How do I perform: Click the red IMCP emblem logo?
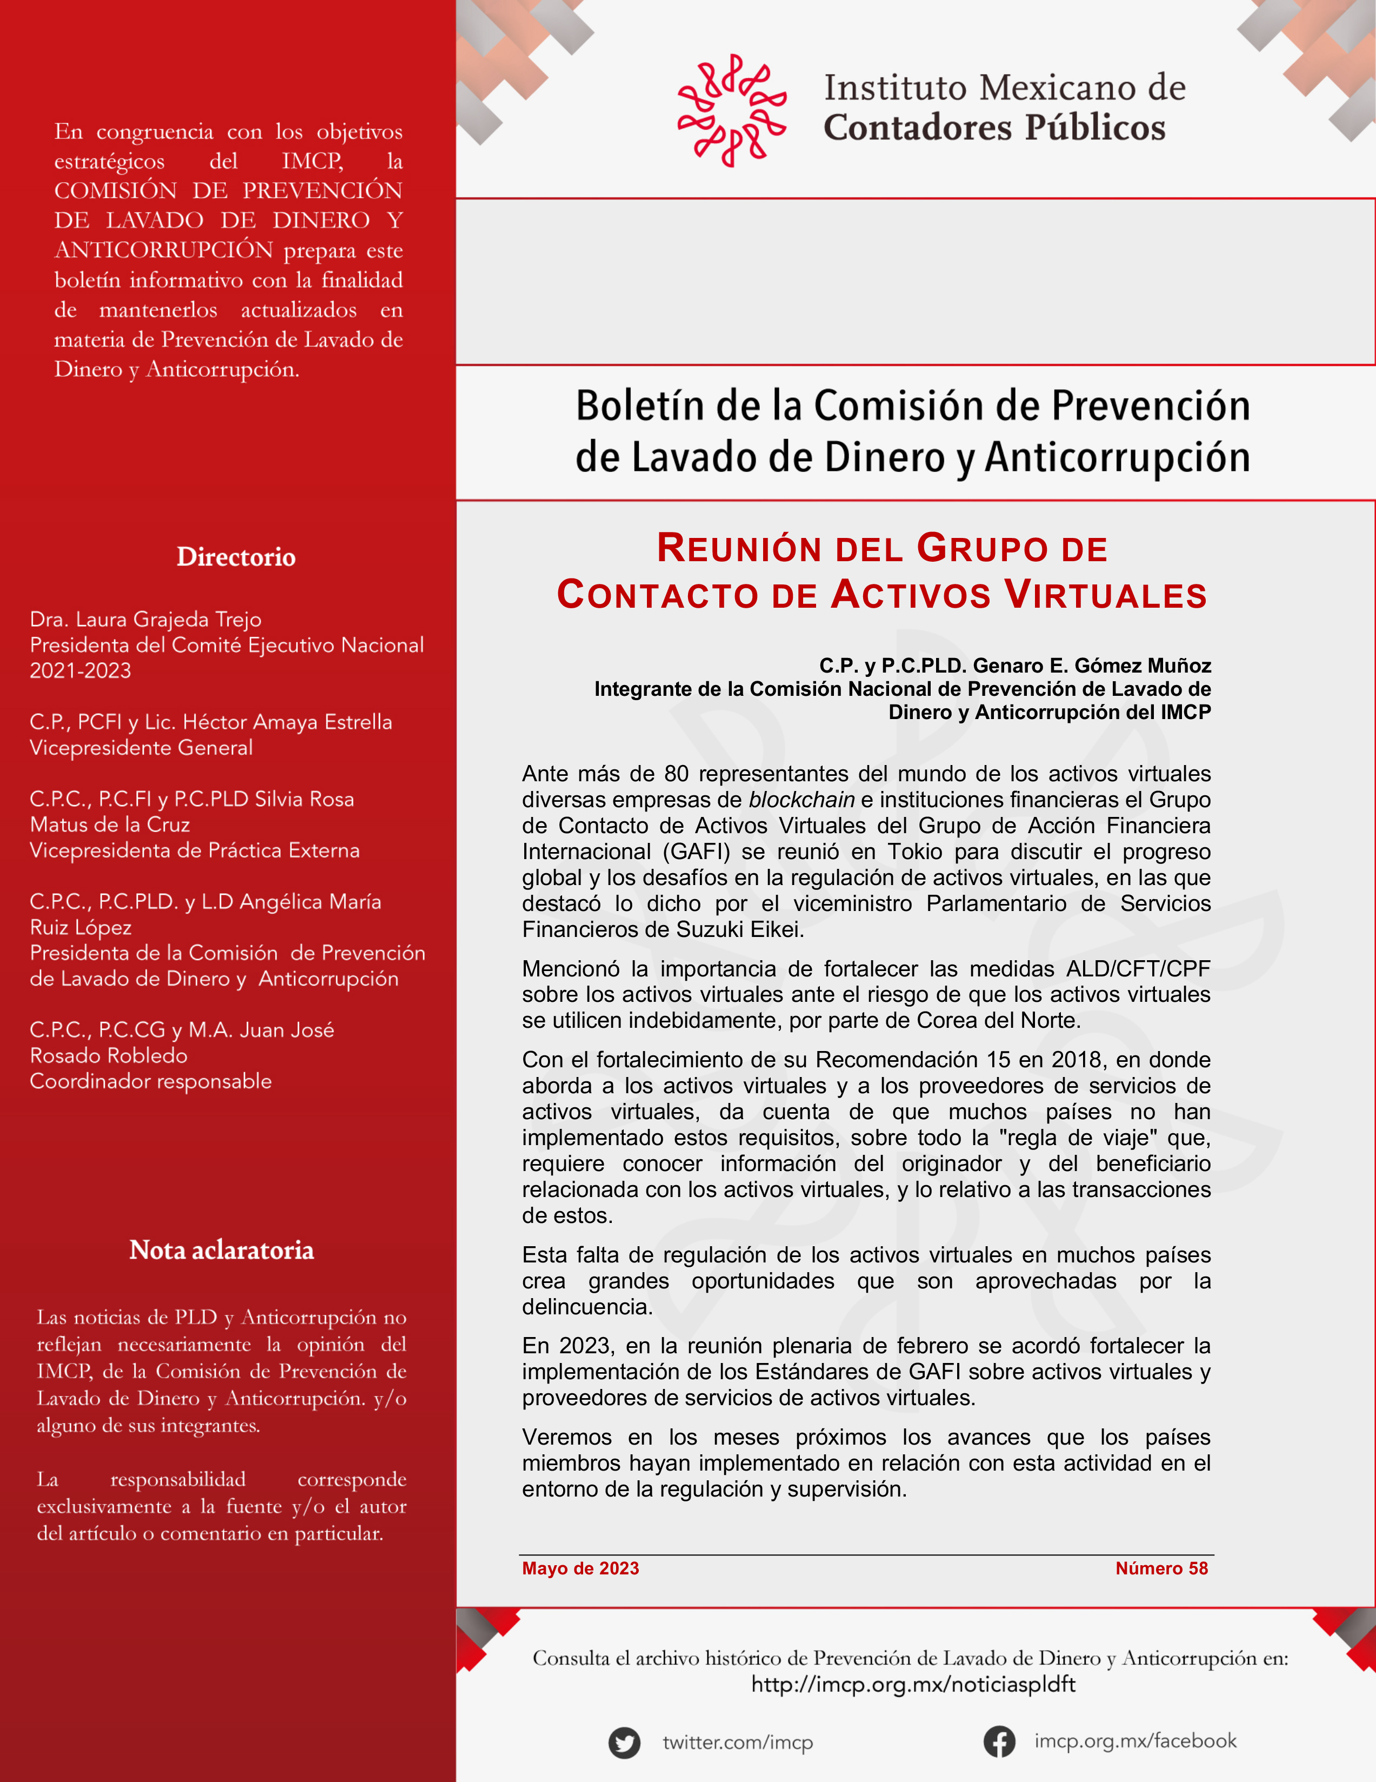(732, 110)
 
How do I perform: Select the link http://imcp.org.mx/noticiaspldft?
(913, 1684)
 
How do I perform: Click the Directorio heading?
(236, 557)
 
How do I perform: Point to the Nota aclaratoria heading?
(221, 1250)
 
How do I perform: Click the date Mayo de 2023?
(580, 1568)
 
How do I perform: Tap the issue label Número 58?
(1161, 1568)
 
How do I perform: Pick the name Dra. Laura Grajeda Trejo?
(145, 619)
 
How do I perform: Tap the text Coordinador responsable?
(150, 1081)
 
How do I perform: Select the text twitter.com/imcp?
(737, 1743)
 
